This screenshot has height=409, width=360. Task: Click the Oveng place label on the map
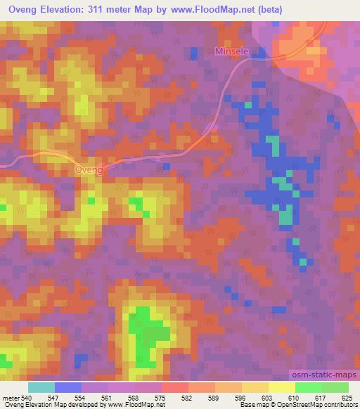point(89,170)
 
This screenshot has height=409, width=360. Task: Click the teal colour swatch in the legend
point(41,387)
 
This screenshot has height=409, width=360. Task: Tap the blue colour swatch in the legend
point(68,387)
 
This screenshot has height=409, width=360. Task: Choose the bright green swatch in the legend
point(308,387)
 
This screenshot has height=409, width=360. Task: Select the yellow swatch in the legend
point(281,387)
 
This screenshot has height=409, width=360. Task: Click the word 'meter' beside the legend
point(11,398)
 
